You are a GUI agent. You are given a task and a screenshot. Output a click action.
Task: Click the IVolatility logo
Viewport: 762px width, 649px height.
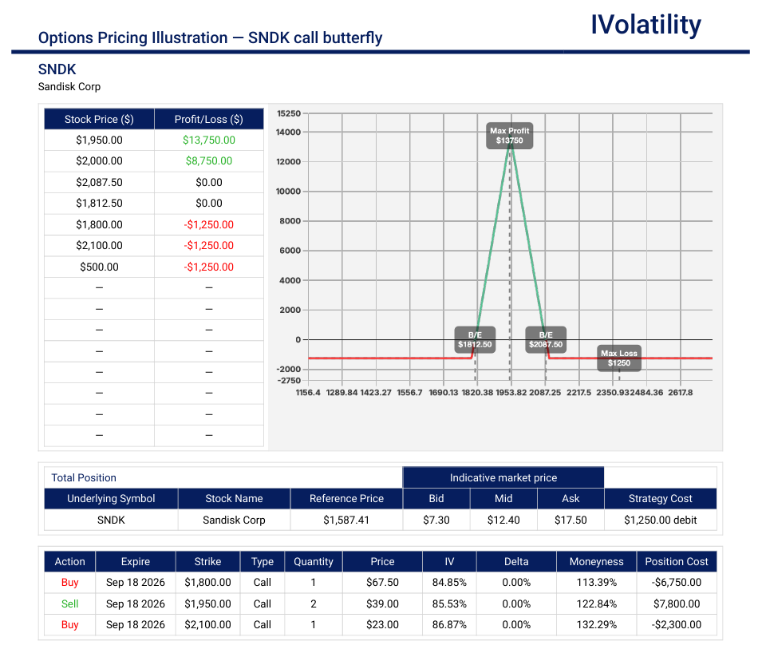tap(646, 26)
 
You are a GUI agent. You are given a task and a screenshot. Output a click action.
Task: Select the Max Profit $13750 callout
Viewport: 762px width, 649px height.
tap(509, 136)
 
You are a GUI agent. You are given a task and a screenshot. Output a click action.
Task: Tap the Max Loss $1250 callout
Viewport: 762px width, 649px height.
tap(618, 358)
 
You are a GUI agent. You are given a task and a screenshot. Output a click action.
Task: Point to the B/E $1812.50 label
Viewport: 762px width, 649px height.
tap(475, 340)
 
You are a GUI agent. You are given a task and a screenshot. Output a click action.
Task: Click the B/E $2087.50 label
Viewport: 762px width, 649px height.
tap(546, 340)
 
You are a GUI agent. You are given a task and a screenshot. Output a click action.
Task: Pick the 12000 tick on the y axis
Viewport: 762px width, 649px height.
tap(289, 162)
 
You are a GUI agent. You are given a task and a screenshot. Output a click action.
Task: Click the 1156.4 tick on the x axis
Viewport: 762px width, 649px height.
tap(308, 392)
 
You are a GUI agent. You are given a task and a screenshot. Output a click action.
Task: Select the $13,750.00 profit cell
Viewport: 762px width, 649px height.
tap(209, 140)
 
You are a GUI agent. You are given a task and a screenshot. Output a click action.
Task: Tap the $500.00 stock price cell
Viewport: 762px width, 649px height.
tap(99, 267)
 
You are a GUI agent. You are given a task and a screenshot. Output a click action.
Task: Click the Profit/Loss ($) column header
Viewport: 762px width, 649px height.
tap(209, 119)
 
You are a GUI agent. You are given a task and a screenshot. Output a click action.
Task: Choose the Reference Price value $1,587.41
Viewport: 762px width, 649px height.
tap(346, 520)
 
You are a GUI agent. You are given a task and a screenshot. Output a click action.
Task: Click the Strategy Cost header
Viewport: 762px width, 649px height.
tap(661, 499)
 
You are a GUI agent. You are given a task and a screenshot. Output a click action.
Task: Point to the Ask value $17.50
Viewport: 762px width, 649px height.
tap(571, 520)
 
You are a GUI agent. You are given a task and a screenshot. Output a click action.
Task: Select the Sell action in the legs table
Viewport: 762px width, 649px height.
tap(70, 603)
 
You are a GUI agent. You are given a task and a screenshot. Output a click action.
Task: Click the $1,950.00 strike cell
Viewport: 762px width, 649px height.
tap(207, 603)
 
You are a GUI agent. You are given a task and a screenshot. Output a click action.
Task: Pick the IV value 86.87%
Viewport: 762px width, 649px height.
tap(449, 625)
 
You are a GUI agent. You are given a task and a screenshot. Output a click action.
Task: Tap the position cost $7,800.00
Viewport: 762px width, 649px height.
tap(677, 603)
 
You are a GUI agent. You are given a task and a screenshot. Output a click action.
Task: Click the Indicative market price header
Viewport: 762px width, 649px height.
tap(503, 478)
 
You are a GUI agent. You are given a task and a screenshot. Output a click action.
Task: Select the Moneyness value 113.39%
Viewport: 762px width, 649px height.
tap(597, 583)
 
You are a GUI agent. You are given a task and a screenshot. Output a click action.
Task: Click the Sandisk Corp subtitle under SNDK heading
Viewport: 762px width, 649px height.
tap(69, 86)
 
